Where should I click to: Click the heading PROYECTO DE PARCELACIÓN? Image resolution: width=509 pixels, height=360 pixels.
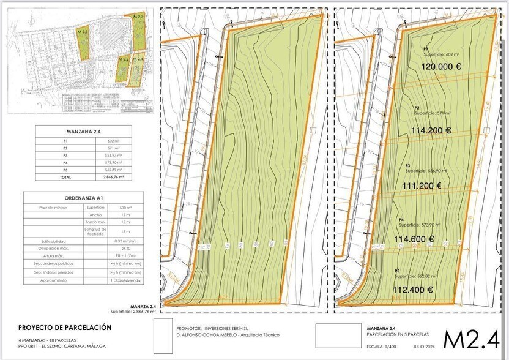pos(65,328)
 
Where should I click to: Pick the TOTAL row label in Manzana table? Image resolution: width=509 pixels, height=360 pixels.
pos(65,177)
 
